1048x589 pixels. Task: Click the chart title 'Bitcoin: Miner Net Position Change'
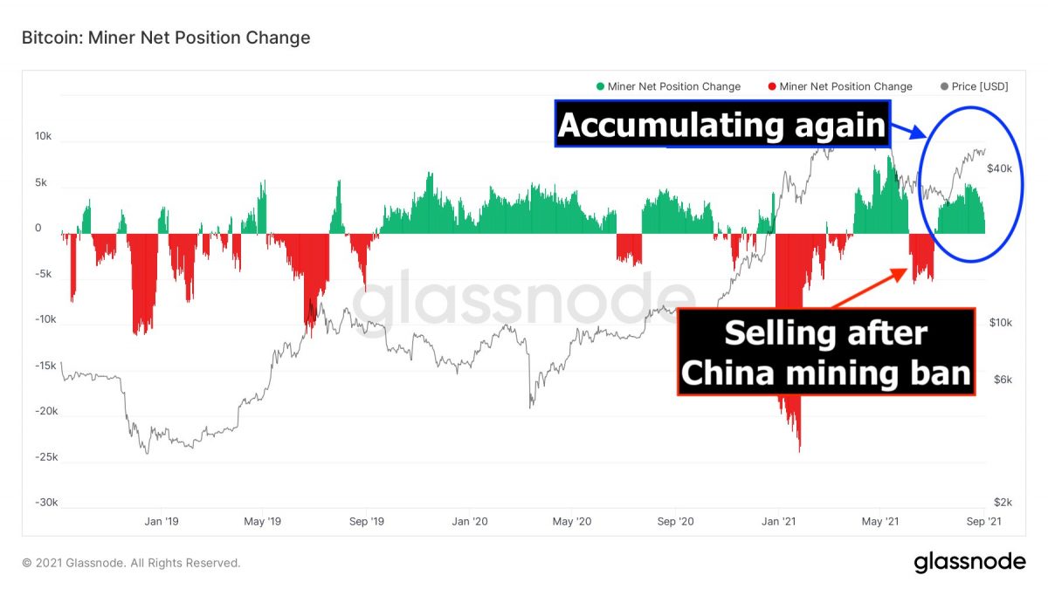pos(166,38)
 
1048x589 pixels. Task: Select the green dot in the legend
pos(600,86)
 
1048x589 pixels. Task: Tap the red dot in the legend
pos(772,86)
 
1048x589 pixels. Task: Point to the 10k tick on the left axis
pos(43,136)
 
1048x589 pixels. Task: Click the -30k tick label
pos(46,502)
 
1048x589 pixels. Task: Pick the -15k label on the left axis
pos(46,365)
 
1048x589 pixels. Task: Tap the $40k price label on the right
pos(999,168)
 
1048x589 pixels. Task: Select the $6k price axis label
pos(1003,379)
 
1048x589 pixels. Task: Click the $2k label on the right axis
pos(1003,502)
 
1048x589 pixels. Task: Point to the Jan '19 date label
pos(162,521)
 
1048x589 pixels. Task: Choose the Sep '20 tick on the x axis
pos(675,521)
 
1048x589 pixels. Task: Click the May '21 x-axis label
pos(880,521)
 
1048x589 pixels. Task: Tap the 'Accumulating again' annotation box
pos(722,124)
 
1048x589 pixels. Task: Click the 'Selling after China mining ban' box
pos(826,352)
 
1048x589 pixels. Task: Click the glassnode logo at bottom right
pos(970,562)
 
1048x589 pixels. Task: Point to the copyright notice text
pos(131,563)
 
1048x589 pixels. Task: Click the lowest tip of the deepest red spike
pos(800,452)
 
